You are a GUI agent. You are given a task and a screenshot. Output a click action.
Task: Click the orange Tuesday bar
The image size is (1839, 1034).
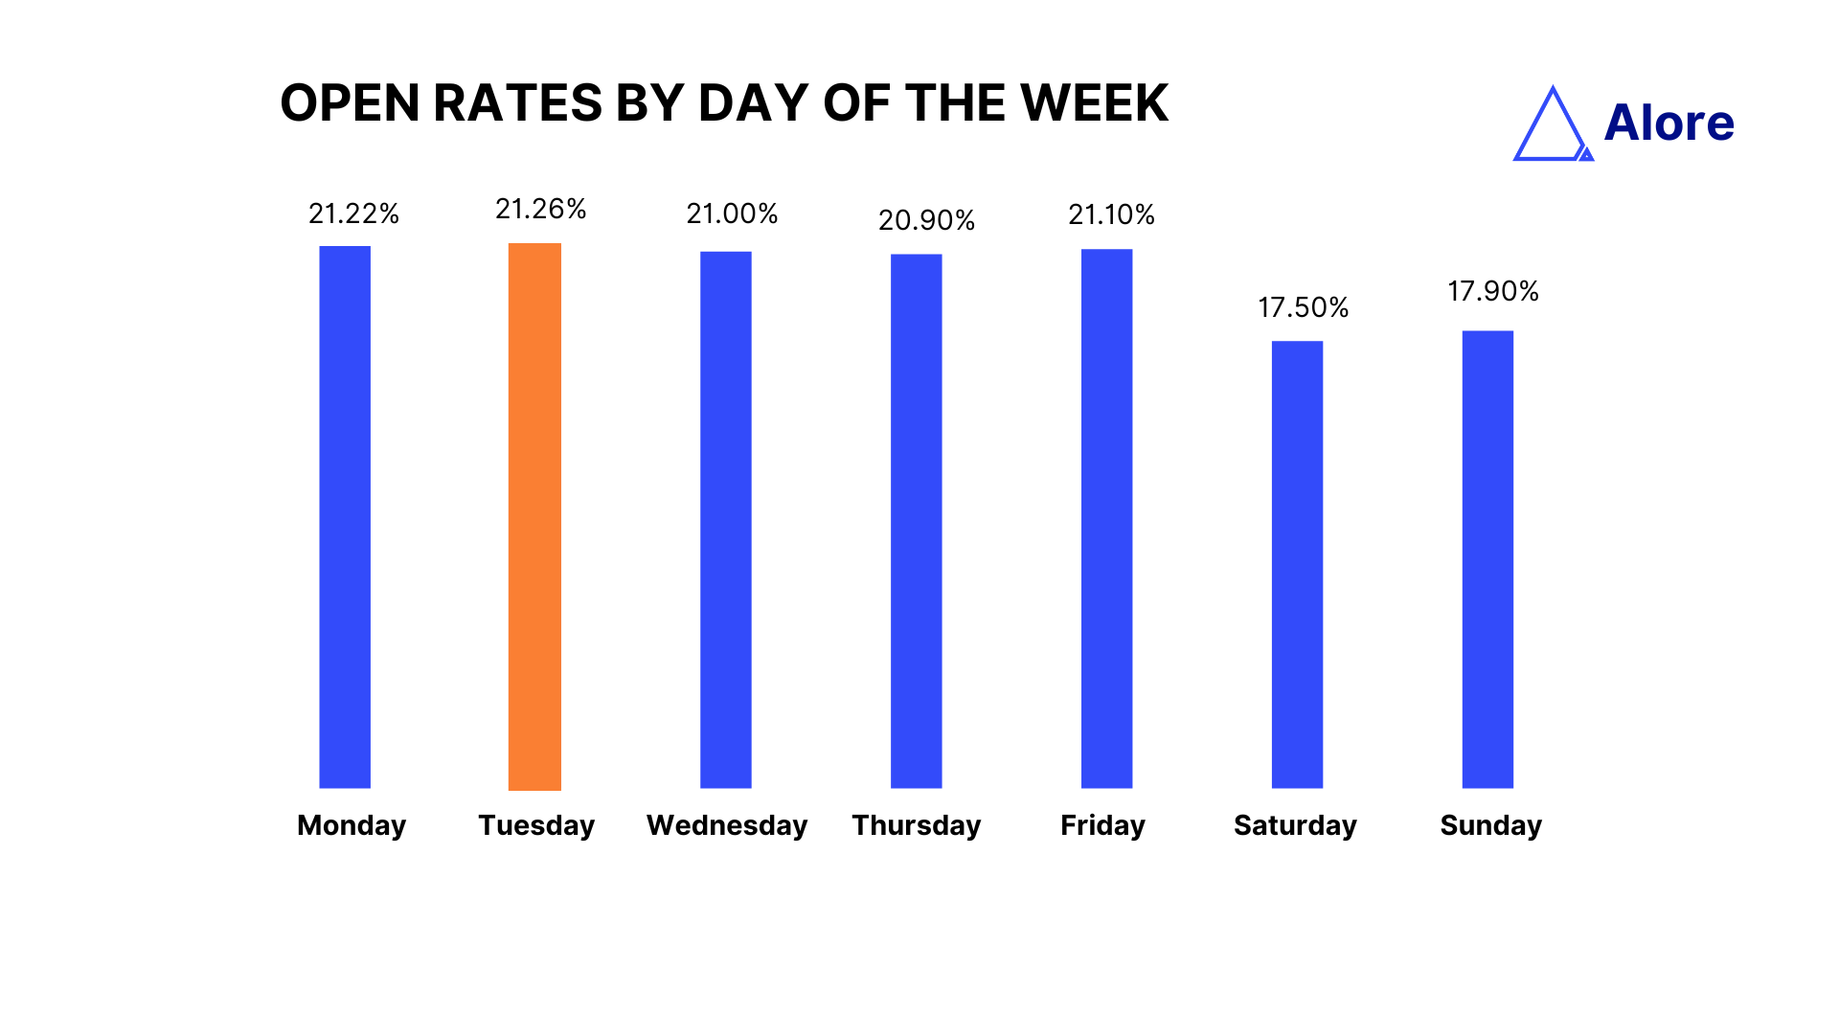534,517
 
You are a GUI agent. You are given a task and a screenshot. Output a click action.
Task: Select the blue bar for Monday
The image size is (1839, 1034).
345,517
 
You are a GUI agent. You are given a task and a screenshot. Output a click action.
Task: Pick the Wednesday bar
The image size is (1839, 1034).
726,520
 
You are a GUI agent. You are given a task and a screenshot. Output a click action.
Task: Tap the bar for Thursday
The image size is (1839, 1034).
917,522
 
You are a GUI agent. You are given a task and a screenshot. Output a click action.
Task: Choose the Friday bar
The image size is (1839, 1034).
1106,519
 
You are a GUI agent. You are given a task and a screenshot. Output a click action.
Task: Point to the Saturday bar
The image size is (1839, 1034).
1297,565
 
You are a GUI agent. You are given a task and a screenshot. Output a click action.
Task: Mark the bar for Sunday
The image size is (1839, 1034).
1487,560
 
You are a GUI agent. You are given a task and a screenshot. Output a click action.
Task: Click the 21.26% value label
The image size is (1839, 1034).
540,209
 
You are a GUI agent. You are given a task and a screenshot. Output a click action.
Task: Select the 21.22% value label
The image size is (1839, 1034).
353,214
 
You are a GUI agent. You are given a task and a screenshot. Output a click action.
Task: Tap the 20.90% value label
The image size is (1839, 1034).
926,220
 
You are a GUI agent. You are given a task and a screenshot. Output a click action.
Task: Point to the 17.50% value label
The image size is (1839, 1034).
1303,307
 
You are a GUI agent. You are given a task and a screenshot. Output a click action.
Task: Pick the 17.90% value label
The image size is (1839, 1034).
1492,291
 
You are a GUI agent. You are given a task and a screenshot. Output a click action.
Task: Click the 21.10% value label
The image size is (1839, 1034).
1111,214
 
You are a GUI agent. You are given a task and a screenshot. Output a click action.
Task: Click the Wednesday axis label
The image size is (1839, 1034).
727,825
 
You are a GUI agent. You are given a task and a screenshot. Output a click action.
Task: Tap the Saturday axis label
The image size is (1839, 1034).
1295,825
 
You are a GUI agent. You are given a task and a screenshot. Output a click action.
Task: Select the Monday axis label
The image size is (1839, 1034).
352,825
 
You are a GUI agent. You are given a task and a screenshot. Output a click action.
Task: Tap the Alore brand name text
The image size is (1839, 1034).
1669,123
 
